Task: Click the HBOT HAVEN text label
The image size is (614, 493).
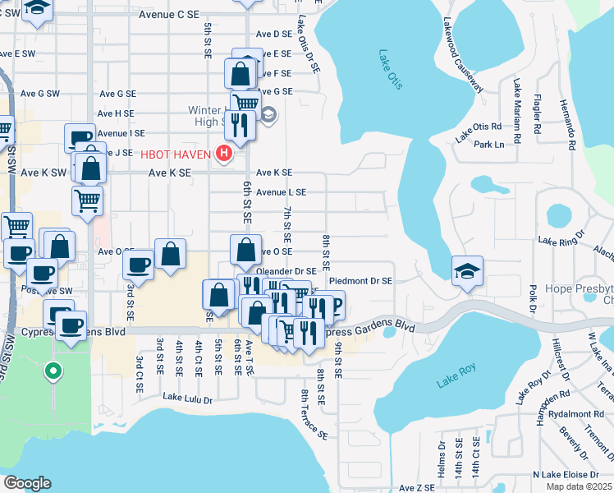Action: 176,153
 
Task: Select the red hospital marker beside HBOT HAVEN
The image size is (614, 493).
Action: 222,153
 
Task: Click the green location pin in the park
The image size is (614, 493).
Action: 53,373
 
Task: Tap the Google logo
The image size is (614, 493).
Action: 27,483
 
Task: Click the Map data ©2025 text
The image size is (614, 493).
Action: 578,486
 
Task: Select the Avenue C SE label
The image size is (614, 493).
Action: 169,15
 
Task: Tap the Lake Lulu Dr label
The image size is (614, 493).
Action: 187,399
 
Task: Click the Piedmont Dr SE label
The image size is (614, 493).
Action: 360,280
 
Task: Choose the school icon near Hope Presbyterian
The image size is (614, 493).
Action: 467,271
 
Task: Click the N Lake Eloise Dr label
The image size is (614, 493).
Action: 570,474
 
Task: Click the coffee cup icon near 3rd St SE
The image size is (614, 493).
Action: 138,265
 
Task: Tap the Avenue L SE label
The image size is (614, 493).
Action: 281,191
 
